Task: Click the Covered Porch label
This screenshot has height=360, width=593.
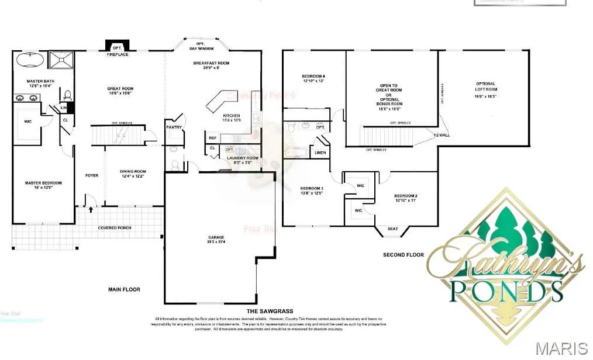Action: click(115, 228)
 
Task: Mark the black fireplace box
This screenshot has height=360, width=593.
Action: click(117, 46)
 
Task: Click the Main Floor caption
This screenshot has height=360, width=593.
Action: click(124, 289)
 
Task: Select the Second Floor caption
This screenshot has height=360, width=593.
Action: click(404, 255)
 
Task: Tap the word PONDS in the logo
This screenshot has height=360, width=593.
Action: click(506, 289)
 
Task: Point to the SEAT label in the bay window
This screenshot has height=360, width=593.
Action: click(392, 229)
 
